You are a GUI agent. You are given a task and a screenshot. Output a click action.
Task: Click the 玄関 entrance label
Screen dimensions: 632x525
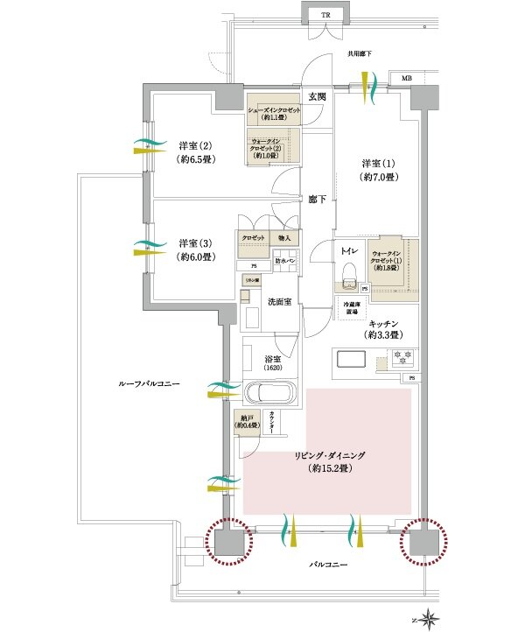(316, 96)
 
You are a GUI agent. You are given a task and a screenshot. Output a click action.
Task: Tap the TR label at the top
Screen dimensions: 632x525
(325, 16)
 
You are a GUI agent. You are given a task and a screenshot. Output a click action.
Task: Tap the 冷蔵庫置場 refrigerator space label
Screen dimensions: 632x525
(353, 305)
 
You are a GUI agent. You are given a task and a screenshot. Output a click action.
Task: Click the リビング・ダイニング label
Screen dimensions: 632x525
(328, 462)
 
